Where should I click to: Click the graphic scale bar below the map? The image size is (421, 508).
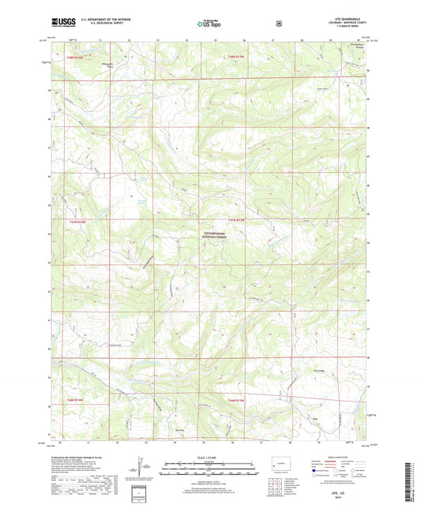click(x=209, y=467)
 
